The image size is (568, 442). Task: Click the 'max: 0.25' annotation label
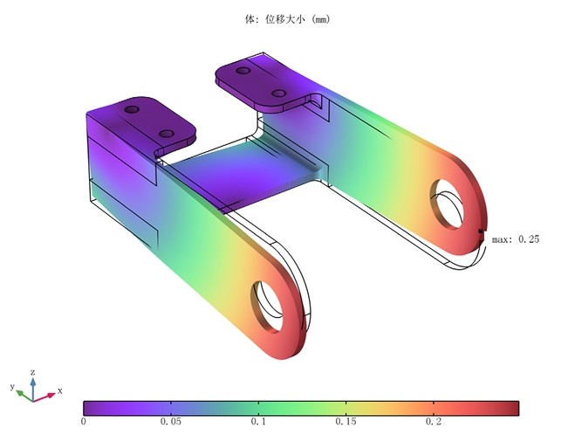pos(516,239)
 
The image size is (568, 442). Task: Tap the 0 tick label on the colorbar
pos(84,422)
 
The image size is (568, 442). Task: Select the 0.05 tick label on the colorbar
pos(171,422)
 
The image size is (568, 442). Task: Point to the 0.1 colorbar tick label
pos(258,422)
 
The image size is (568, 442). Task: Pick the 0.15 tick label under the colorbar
pos(346,422)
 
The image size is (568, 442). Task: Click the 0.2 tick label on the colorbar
pos(434,422)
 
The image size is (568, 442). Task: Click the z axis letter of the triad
pos(32,371)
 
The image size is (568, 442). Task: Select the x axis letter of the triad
pos(59,390)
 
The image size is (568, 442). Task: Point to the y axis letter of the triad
pos(12,385)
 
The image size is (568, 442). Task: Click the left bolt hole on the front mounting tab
pos(132,110)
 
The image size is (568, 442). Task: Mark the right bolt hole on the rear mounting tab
pos(279,92)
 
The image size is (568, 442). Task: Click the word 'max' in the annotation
pos(501,239)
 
